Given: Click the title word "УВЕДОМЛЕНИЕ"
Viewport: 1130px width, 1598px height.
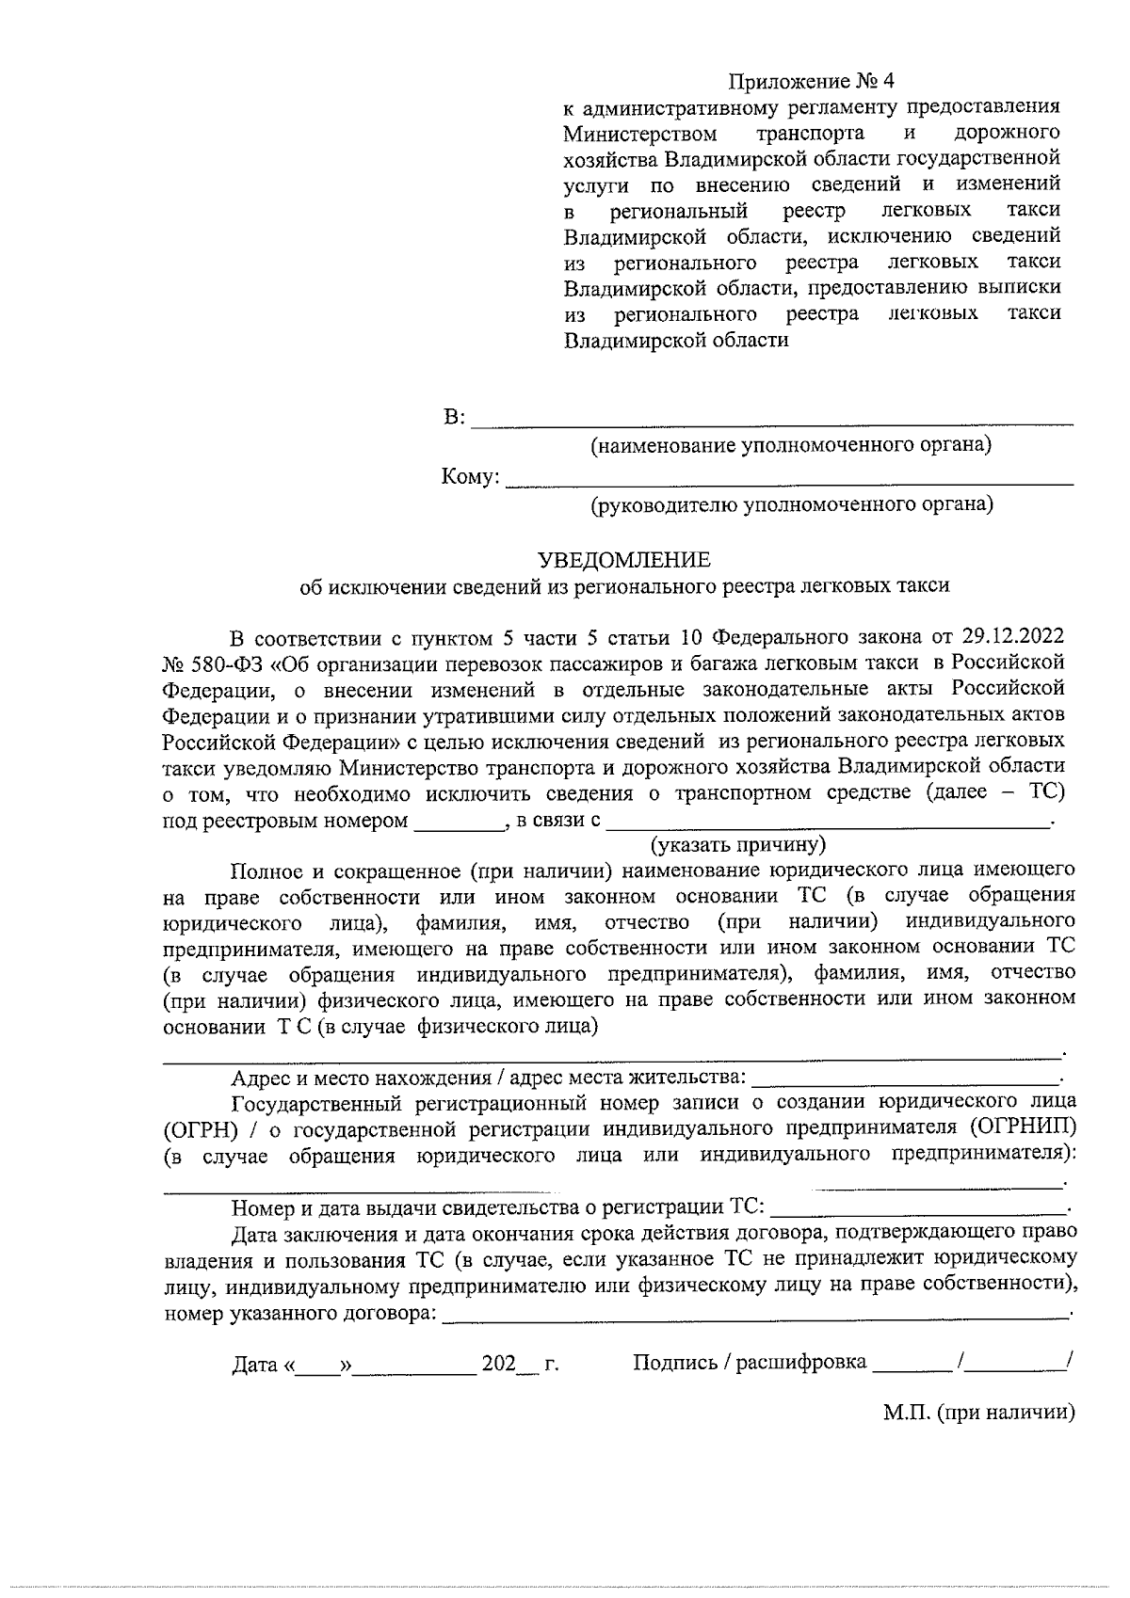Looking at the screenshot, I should point(623,561).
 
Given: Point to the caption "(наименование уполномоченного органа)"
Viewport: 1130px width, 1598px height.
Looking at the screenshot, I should point(790,444).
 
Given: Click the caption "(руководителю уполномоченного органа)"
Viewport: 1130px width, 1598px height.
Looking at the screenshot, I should point(791,505).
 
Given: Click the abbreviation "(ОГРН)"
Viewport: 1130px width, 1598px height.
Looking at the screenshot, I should point(196,1128).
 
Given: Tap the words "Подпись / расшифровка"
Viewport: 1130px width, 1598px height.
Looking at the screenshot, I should point(749,1363).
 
